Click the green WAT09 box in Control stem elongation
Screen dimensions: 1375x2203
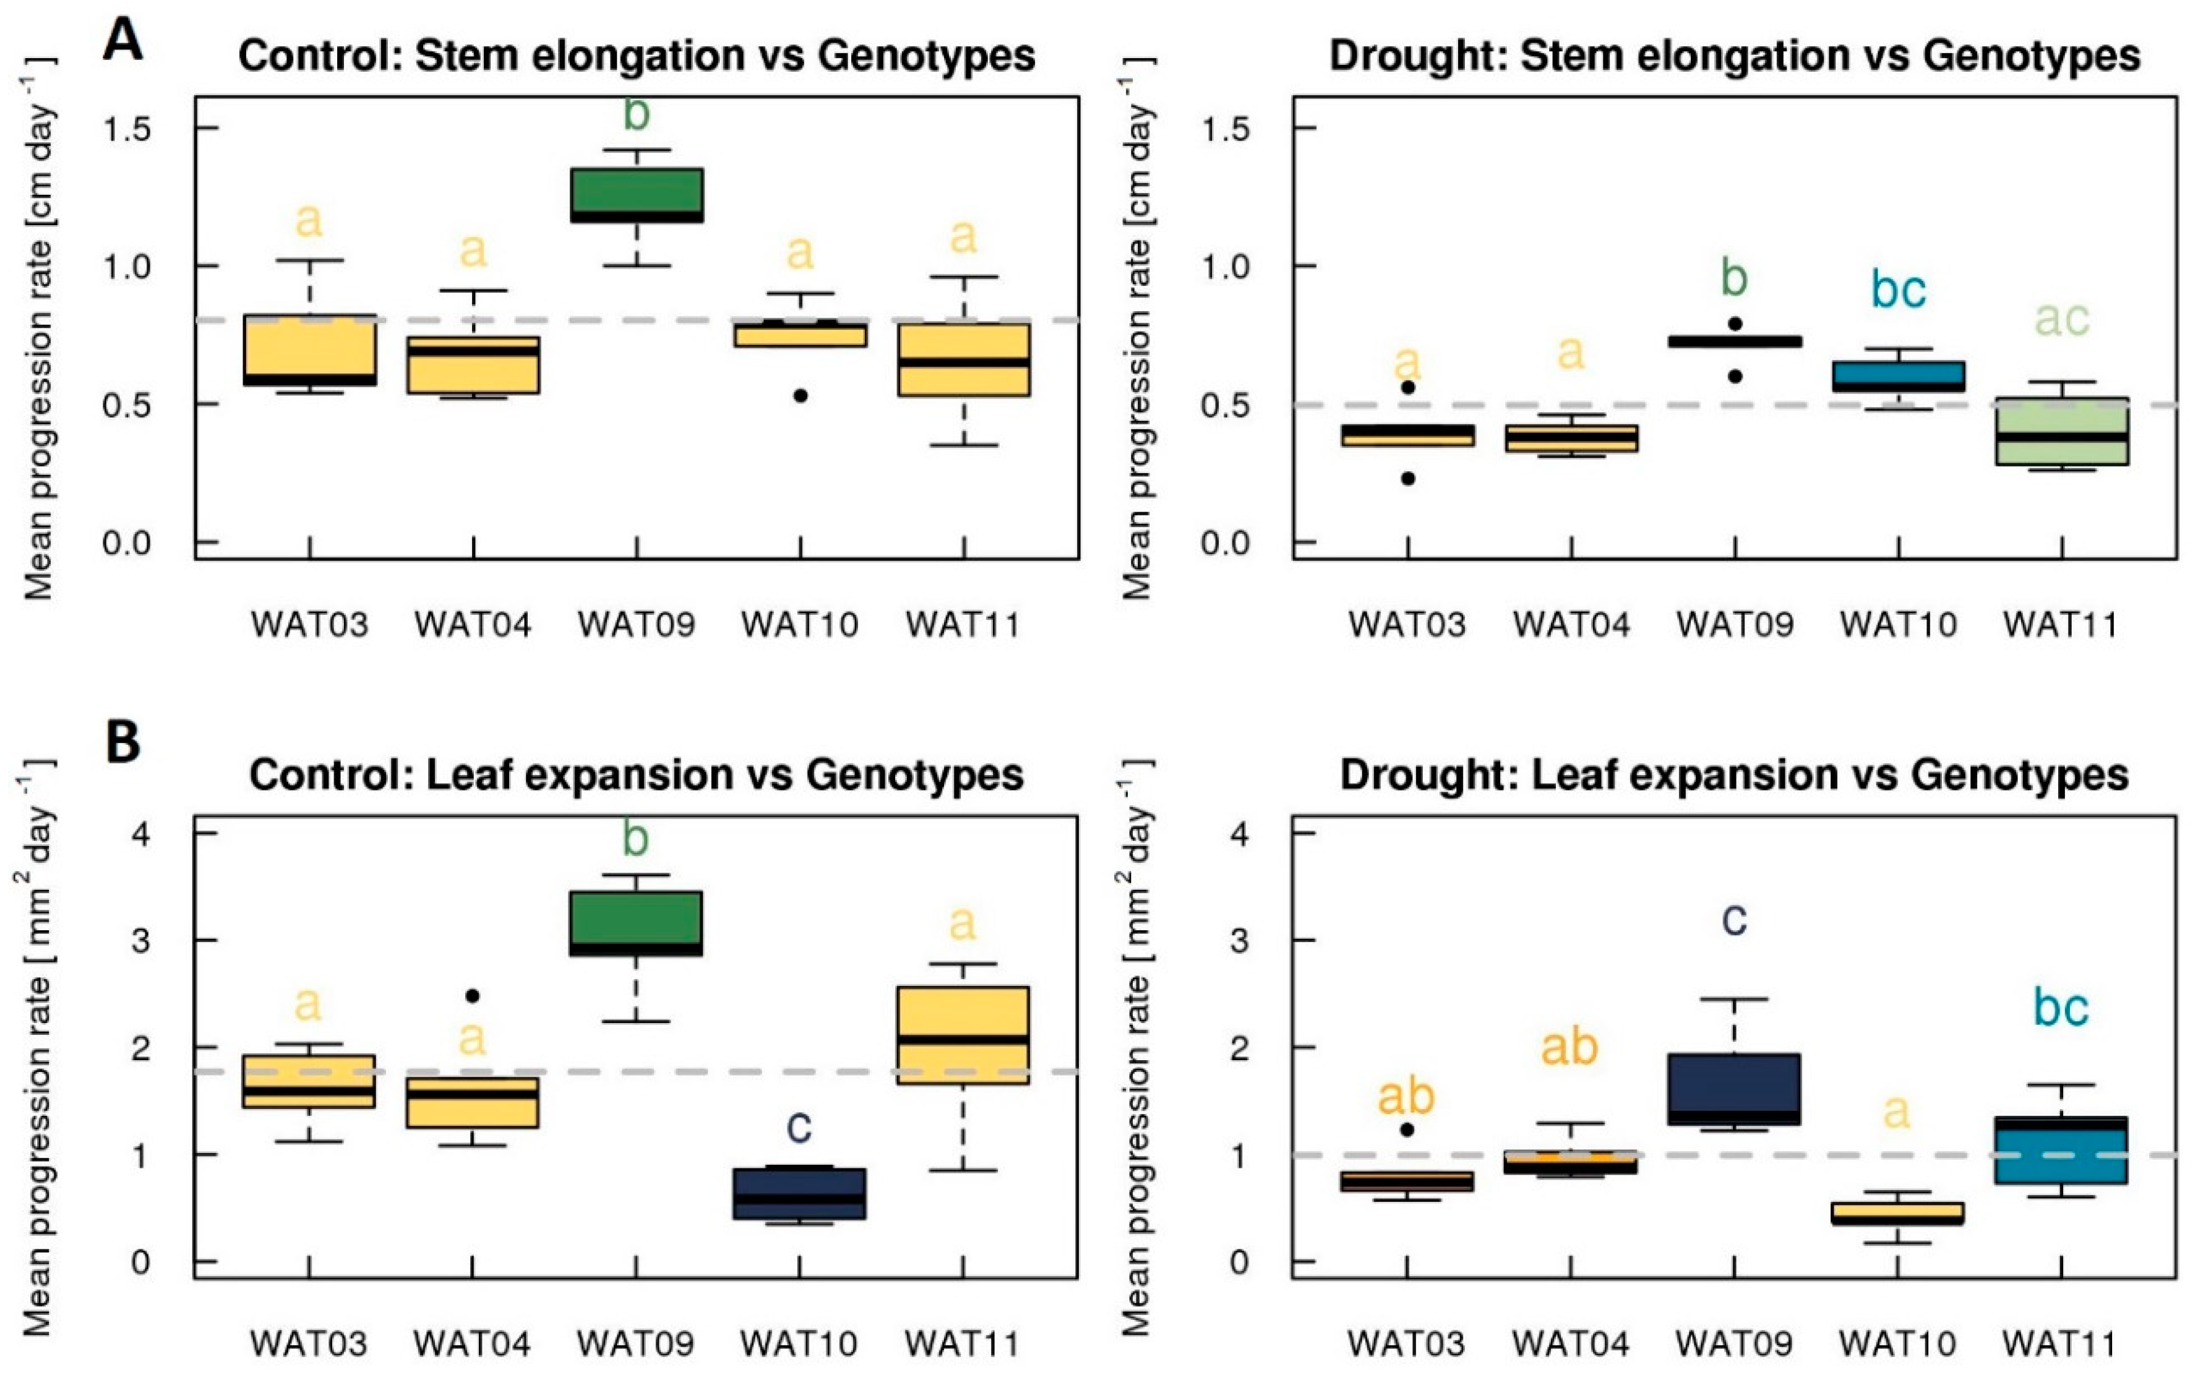coord(636,195)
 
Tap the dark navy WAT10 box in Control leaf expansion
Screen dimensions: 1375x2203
coord(799,1193)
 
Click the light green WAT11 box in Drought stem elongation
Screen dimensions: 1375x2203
coord(2061,431)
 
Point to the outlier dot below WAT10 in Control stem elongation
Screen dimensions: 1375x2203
coord(801,396)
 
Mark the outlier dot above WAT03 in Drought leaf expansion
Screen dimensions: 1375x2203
coord(1407,1129)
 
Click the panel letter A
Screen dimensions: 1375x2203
coord(122,40)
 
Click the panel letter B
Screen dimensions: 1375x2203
coord(122,743)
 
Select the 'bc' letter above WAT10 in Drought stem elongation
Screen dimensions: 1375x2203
coord(1898,290)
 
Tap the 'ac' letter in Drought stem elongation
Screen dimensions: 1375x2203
coord(2061,319)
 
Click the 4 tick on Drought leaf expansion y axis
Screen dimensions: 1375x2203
coord(1239,834)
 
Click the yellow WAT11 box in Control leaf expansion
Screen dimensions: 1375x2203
coord(963,1035)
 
